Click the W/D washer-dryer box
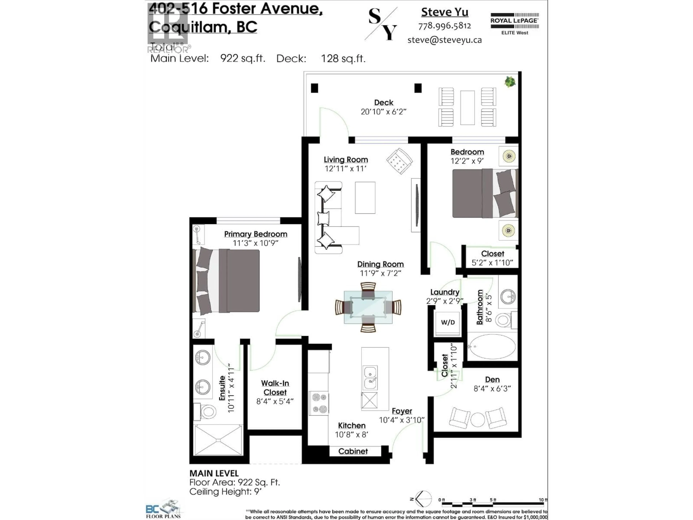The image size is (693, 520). (448, 322)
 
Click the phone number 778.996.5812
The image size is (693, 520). (444, 26)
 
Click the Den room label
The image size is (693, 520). (492, 380)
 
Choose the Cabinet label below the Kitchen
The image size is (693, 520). (353, 451)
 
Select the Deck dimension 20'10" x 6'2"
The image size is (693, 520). (383, 112)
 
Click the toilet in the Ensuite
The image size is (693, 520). (207, 411)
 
